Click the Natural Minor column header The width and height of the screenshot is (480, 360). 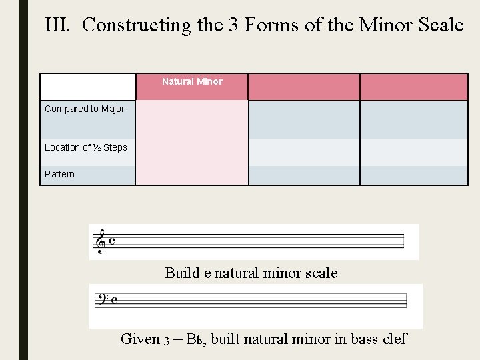pyautogui.click(x=192, y=81)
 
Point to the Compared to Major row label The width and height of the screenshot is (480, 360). pyautogui.click(x=85, y=109)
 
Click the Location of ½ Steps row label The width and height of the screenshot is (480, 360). pyautogui.click(x=86, y=147)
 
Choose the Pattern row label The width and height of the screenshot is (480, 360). pyautogui.click(x=60, y=174)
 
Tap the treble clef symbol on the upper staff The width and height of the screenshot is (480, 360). pyautogui.click(x=101, y=241)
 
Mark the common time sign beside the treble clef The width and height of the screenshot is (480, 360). pyautogui.click(x=112, y=241)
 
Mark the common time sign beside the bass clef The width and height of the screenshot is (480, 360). pyautogui.click(x=114, y=299)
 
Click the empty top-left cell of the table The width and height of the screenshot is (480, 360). pyautogui.click(x=88, y=87)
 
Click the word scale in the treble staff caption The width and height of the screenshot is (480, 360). pyautogui.click(x=321, y=273)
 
